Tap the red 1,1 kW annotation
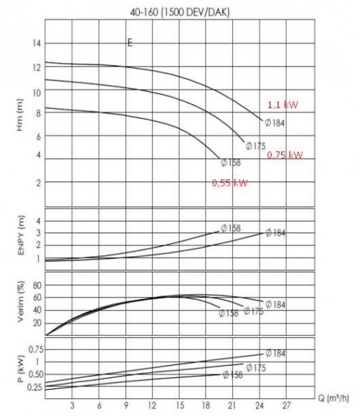point(281,104)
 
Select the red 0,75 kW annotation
point(284,154)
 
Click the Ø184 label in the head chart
point(275,123)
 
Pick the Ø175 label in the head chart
point(256,146)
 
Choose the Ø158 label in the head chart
point(231,163)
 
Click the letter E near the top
point(130,43)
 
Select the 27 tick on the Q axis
point(286,404)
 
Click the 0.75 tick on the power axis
point(34,349)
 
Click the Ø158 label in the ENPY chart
point(230,228)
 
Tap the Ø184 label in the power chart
point(275,353)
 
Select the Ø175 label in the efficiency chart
point(254,311)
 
